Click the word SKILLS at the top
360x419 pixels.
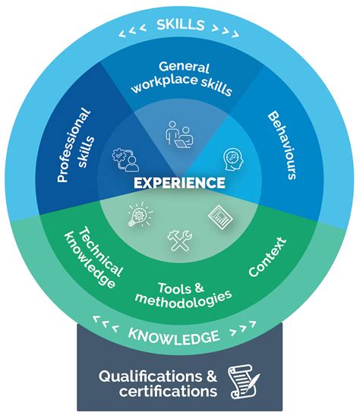tap(180, 24)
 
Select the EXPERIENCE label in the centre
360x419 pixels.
tap(179, 183)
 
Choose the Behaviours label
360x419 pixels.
tap(283, 145)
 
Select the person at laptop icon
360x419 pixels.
tap(179, 134)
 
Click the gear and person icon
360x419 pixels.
tap(125, 159)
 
